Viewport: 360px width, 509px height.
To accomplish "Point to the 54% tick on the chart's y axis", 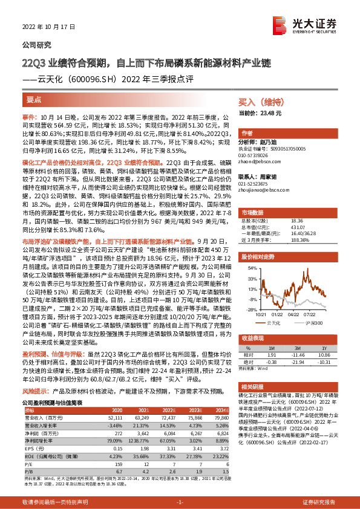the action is (x=243, y=267).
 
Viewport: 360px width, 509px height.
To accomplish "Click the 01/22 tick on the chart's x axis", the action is (x=277, y=314).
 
